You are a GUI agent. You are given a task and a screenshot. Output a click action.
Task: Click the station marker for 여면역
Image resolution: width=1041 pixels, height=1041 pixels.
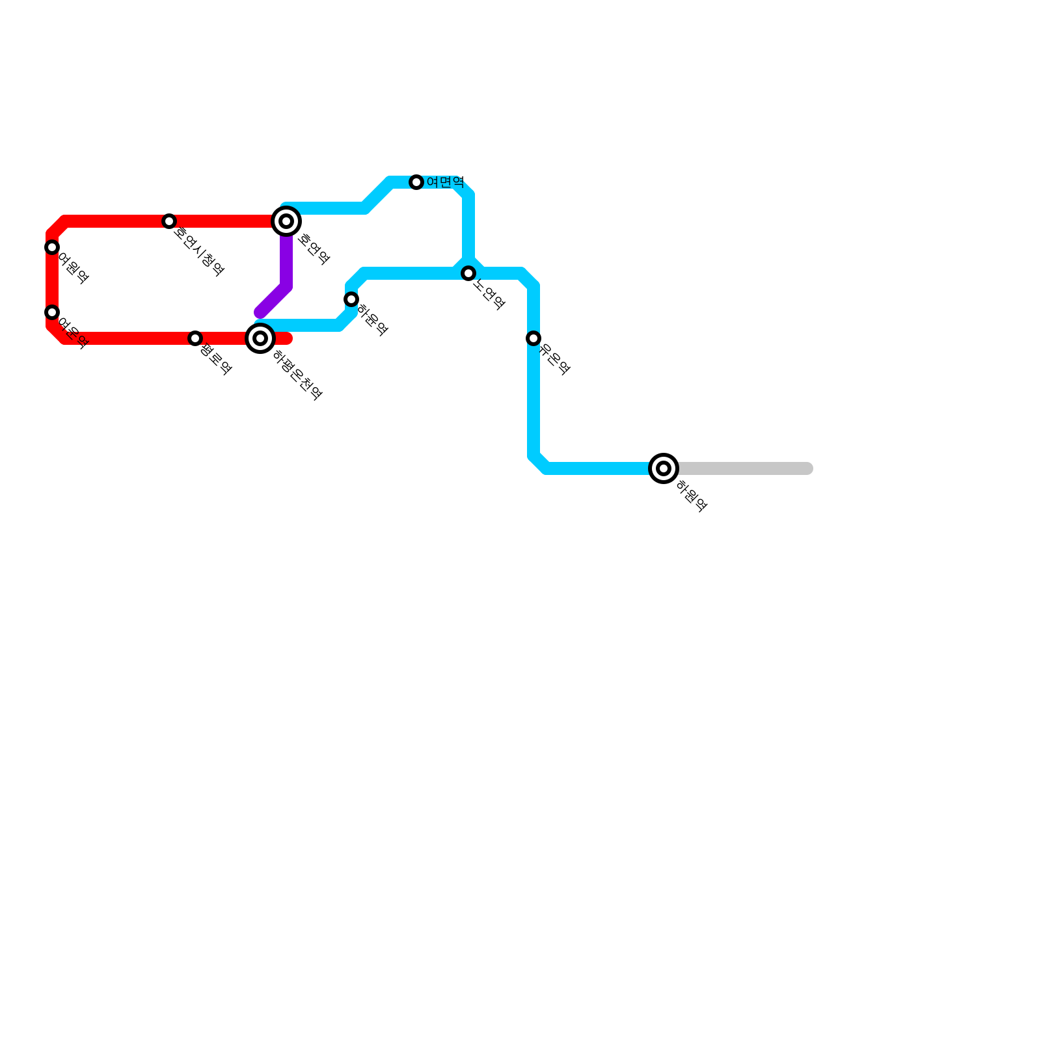416,182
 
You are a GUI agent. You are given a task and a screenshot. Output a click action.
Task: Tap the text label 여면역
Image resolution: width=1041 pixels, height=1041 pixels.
445,182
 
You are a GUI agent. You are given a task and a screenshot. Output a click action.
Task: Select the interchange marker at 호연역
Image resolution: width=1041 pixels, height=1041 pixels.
286,221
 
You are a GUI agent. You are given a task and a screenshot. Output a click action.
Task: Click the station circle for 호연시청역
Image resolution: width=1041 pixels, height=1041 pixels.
169,221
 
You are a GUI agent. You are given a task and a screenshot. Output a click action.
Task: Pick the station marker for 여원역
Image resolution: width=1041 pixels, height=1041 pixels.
52,247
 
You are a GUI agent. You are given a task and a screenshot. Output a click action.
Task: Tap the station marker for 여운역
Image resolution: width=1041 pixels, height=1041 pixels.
52,312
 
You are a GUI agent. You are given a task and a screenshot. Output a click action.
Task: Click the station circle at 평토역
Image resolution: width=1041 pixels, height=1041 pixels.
195,338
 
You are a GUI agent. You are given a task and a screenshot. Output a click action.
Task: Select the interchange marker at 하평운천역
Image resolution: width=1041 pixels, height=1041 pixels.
260,338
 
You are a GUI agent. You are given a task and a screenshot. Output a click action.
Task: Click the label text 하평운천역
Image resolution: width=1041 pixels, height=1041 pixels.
297,375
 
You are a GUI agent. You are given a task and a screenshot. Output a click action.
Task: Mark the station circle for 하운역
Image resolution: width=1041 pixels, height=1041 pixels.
351,299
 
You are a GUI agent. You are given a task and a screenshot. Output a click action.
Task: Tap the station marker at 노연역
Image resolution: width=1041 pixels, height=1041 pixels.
468,273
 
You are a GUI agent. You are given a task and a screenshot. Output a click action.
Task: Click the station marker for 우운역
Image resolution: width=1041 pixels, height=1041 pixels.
534,338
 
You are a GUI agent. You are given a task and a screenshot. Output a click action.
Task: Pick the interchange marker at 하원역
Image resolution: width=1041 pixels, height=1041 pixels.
664,468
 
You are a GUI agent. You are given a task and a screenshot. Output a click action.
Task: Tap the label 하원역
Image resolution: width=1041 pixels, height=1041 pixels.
691,496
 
